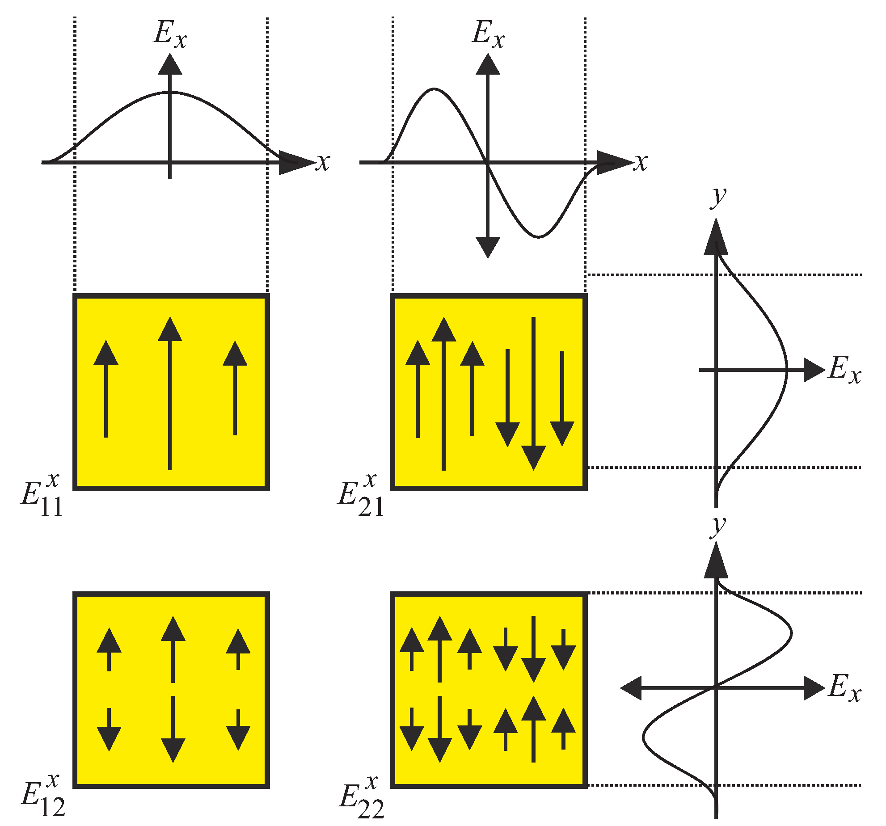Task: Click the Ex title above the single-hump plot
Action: pos(170,34)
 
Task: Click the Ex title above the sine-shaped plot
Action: pos(488,34)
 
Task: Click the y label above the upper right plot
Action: pos(719,197)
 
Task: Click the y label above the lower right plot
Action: pos(719,526)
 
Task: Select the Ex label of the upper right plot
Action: pos(844,370)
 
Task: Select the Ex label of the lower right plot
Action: pos(844,687)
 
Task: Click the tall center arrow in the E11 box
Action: pos(170,393)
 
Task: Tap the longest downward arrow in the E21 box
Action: pos(533,393)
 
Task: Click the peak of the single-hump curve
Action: pos(170,93)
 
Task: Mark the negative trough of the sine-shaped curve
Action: pos(539,236)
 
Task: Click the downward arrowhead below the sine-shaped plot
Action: pos(488,247)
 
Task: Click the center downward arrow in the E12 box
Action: pos(173,729)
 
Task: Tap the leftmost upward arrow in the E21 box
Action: pos(418,389)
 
